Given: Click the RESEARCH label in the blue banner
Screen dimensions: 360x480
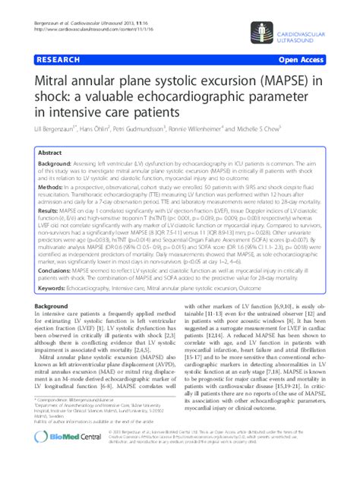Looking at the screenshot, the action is pyautogui.click(x=54, y=58).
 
